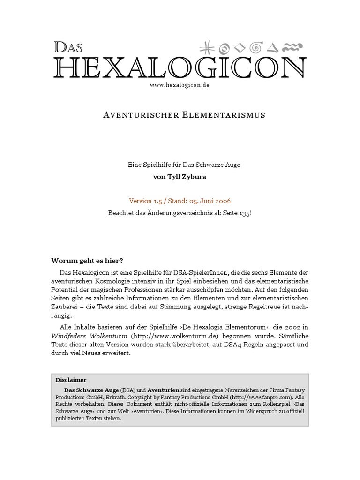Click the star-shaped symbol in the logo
(x=205, y=47)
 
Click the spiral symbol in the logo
(x=256, y=47)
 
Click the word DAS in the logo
(x=68, y=47)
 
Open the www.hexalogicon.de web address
(x=180, y=85)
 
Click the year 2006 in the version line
(x=222, y=201)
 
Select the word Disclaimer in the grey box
(x=71, y=380)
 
